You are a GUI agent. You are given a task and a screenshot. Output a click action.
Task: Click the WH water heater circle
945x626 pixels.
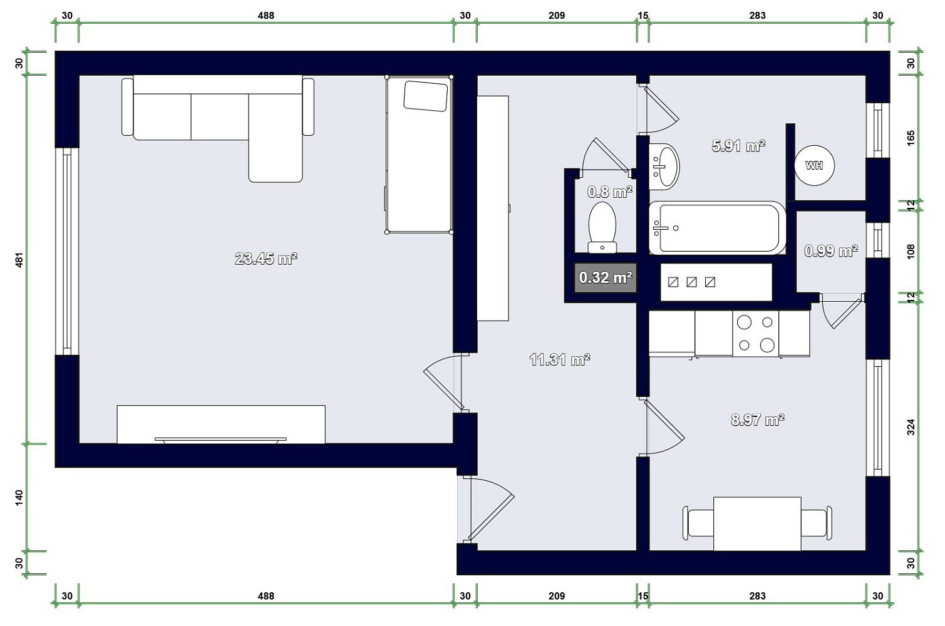814,165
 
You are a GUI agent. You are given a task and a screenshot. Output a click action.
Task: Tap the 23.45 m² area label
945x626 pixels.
266,258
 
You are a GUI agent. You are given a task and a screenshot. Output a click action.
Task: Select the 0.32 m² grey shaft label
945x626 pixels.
606,277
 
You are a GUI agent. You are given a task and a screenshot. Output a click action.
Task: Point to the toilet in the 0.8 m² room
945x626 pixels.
602,227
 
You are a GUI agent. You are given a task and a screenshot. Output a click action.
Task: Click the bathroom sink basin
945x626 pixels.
664,166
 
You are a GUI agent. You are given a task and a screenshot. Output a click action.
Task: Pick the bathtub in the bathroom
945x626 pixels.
717,228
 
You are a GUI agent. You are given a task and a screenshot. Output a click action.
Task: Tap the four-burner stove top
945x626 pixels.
756,334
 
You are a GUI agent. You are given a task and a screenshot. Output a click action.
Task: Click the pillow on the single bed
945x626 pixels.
426,96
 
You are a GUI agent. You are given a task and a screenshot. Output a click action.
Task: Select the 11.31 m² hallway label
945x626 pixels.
559,360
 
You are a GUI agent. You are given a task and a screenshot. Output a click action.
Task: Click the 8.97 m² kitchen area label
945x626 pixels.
758,419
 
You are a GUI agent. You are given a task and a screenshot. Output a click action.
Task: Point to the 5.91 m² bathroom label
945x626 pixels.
738,146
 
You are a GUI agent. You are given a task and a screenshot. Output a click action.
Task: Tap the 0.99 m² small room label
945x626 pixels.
830,251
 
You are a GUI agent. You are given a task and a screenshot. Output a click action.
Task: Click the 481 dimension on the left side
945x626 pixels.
19,259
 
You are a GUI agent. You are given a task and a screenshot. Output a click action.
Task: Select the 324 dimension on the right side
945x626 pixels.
911,427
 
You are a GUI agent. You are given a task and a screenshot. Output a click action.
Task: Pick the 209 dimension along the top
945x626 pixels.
557,16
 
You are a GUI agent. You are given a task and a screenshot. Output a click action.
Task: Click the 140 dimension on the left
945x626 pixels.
19,498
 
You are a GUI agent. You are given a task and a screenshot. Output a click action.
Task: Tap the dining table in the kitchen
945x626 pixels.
757,523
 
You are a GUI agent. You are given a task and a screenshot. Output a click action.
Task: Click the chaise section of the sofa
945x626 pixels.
276,138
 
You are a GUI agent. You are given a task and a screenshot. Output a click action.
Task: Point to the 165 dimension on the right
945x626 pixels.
911,138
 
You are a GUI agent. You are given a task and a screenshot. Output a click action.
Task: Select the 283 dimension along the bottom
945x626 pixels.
757,595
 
